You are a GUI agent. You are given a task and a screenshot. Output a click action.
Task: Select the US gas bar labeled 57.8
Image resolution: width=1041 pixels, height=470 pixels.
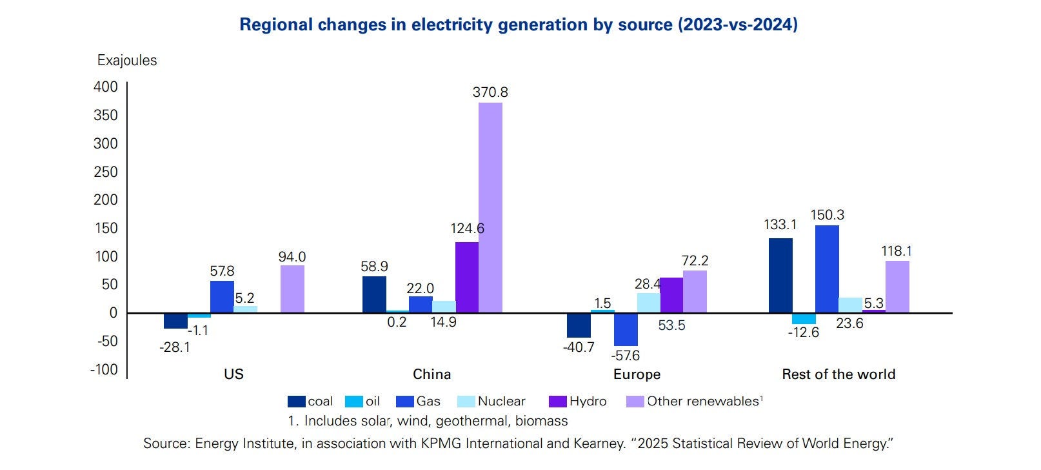click(222, 296)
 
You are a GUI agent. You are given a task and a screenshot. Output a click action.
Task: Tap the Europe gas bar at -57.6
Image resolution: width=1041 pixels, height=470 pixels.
click(626, 329)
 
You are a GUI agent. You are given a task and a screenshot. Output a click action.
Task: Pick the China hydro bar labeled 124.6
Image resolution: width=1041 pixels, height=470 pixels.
click(467, 277)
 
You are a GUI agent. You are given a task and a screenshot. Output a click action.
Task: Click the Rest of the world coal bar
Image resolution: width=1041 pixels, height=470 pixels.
click(780, 275)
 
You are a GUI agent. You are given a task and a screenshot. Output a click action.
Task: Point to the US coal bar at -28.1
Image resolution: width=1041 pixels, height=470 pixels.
click(175, 320)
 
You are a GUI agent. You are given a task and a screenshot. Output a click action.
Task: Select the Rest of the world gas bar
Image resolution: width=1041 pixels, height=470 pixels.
click(827, 269)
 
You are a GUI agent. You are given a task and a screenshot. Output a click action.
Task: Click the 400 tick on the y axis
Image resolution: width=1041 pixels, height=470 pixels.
click(106, 87)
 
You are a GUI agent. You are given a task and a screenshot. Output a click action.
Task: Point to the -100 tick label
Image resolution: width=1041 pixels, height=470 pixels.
click(104, 369)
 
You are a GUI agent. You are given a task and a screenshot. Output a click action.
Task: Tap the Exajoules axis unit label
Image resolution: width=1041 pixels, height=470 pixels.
click(127, 61)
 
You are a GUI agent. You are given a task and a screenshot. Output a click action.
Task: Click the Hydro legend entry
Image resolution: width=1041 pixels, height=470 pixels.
click(578, 402)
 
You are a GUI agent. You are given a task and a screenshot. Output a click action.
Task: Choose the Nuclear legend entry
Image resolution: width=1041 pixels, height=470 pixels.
click(491, 402)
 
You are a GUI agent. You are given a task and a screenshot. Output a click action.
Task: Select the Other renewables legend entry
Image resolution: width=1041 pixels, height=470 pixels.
click(695, 402)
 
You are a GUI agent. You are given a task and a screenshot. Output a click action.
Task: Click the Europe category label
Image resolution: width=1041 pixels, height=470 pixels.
click(637, 374)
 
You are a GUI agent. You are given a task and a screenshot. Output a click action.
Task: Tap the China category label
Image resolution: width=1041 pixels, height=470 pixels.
click(431, 374)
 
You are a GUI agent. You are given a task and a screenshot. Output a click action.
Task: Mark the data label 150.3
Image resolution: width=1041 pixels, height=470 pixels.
click(827, 215)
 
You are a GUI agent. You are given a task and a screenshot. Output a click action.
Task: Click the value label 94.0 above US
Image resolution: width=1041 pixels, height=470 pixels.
click(292, 257)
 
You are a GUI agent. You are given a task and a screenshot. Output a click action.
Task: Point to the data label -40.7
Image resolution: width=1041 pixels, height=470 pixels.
click(579, 347)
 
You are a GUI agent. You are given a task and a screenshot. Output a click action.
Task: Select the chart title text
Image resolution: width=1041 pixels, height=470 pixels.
click(519, 25)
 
